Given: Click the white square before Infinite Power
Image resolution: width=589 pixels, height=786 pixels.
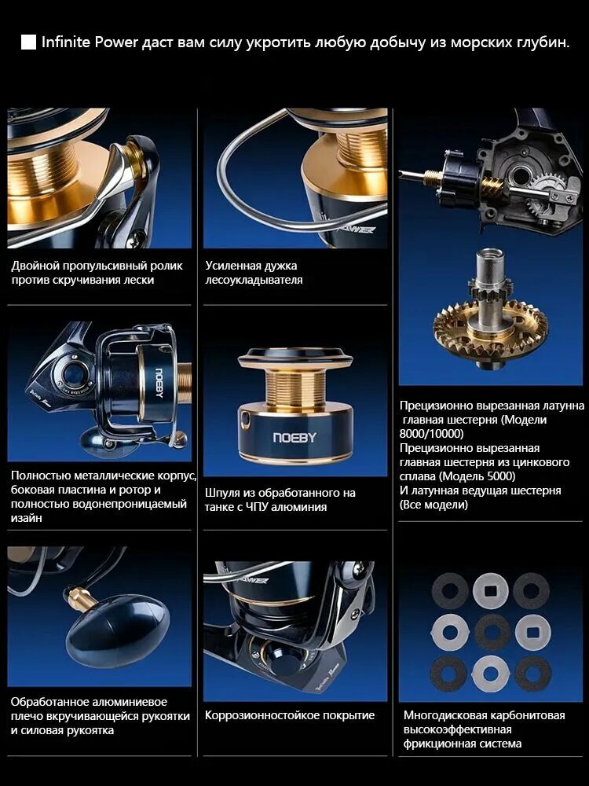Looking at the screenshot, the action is (x=28, y=42).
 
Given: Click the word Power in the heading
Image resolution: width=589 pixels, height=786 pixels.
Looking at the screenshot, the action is (x=117, y=42).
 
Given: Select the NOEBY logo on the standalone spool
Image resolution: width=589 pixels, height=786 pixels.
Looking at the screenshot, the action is (x=295, y=438).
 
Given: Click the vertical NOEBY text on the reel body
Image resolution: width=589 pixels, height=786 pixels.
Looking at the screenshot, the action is (x=159, y=383).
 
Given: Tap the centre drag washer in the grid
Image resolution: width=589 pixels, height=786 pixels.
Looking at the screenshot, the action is (x=492, y=632).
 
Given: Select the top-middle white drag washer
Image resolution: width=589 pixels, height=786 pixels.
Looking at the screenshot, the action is (x=491, y=591).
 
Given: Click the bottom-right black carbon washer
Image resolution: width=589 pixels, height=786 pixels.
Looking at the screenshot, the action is (x=533, y=674).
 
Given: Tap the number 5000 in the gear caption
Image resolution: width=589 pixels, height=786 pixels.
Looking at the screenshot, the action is (x=498, y=476).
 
